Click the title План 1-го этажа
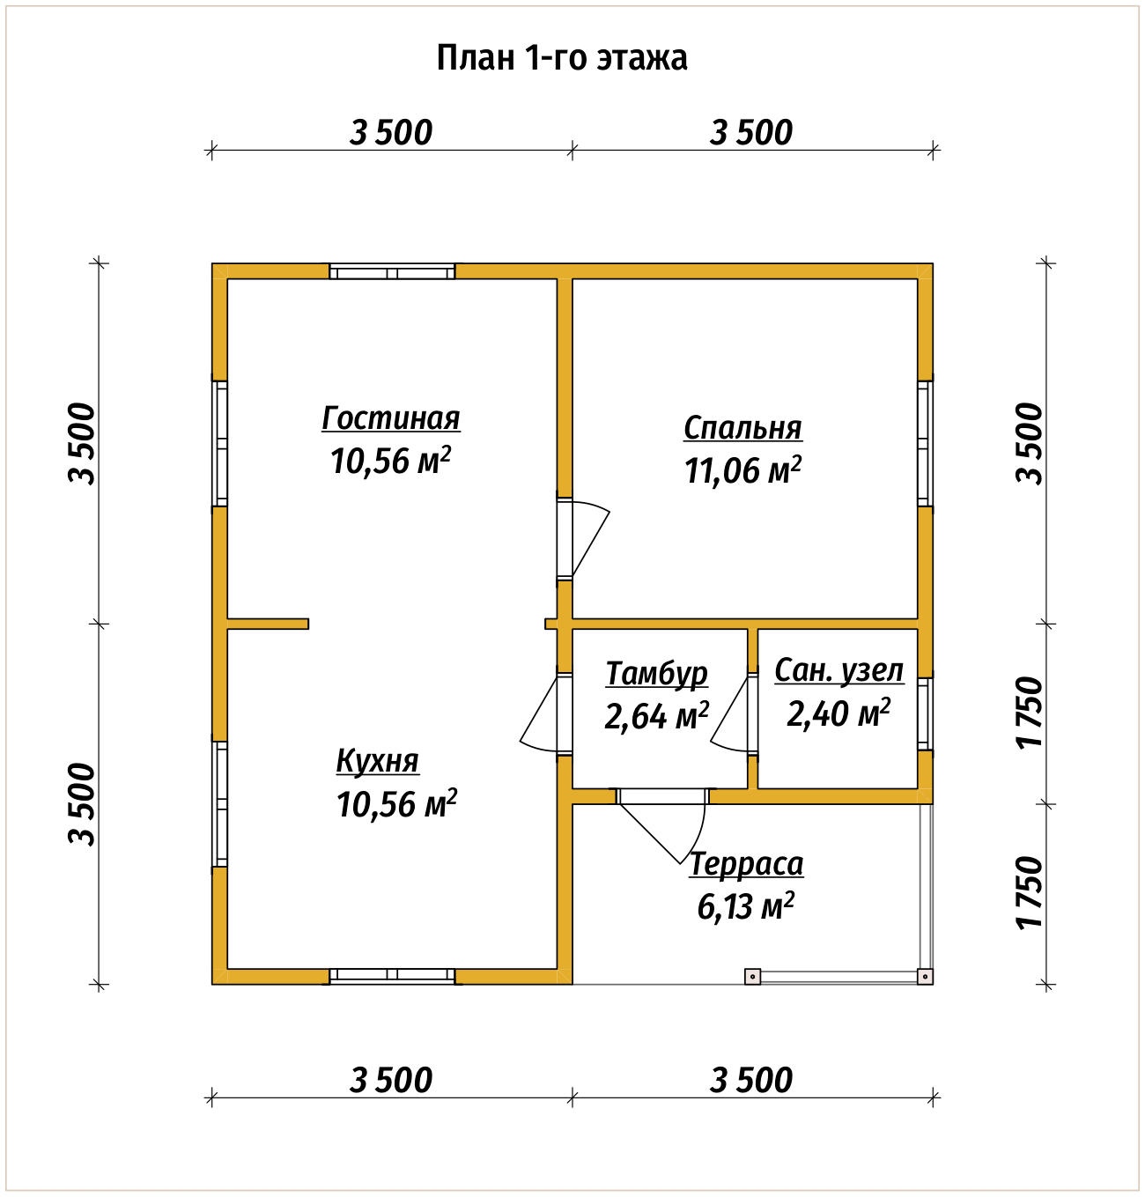pyautogui.click(x=561, y=58)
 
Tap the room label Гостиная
pyautogui.click(x=391, y=418)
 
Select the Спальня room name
pyautogui.click(x=742, y=427)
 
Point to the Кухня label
pyautogui.click(x=378, y=762)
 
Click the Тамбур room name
pyautogui.click(x=657, y=674)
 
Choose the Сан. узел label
pyautogui.click(x=838, y=671)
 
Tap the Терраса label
pyautogui.click(x=746, y=864)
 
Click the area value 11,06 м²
pyautogui.click(x=742, y=470)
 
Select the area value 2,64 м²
pyautogui.click(x=657, y=715)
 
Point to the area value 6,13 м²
pyautogui.click(x=746, y=905)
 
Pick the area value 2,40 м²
pyautogui.click(x=838, y=713)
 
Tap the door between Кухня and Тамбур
pyautogui.click(x=546, y=714)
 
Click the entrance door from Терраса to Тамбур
pyautogui.click(x=663, y=826)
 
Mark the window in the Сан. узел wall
pyautogui.click(x=926, y=714)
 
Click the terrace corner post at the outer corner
pyautogui.click(x=925, y=977)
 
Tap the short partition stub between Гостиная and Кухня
pyautogui.click(x=268, y=624)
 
